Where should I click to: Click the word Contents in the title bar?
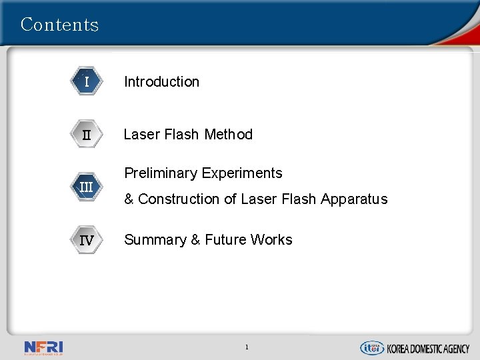(59, 25)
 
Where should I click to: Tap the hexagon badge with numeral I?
(87, 82)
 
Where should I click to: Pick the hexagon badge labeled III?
(87, 187)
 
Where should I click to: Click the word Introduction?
(161, 82)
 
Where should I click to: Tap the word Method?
(228, 135)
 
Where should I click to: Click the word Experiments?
(241, 173)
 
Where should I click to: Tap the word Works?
(271, 240)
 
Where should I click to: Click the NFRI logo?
(43, 347)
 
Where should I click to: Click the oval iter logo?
(371, 347)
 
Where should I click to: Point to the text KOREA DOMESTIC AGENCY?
(429, 348)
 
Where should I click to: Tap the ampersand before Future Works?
(195, 240)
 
